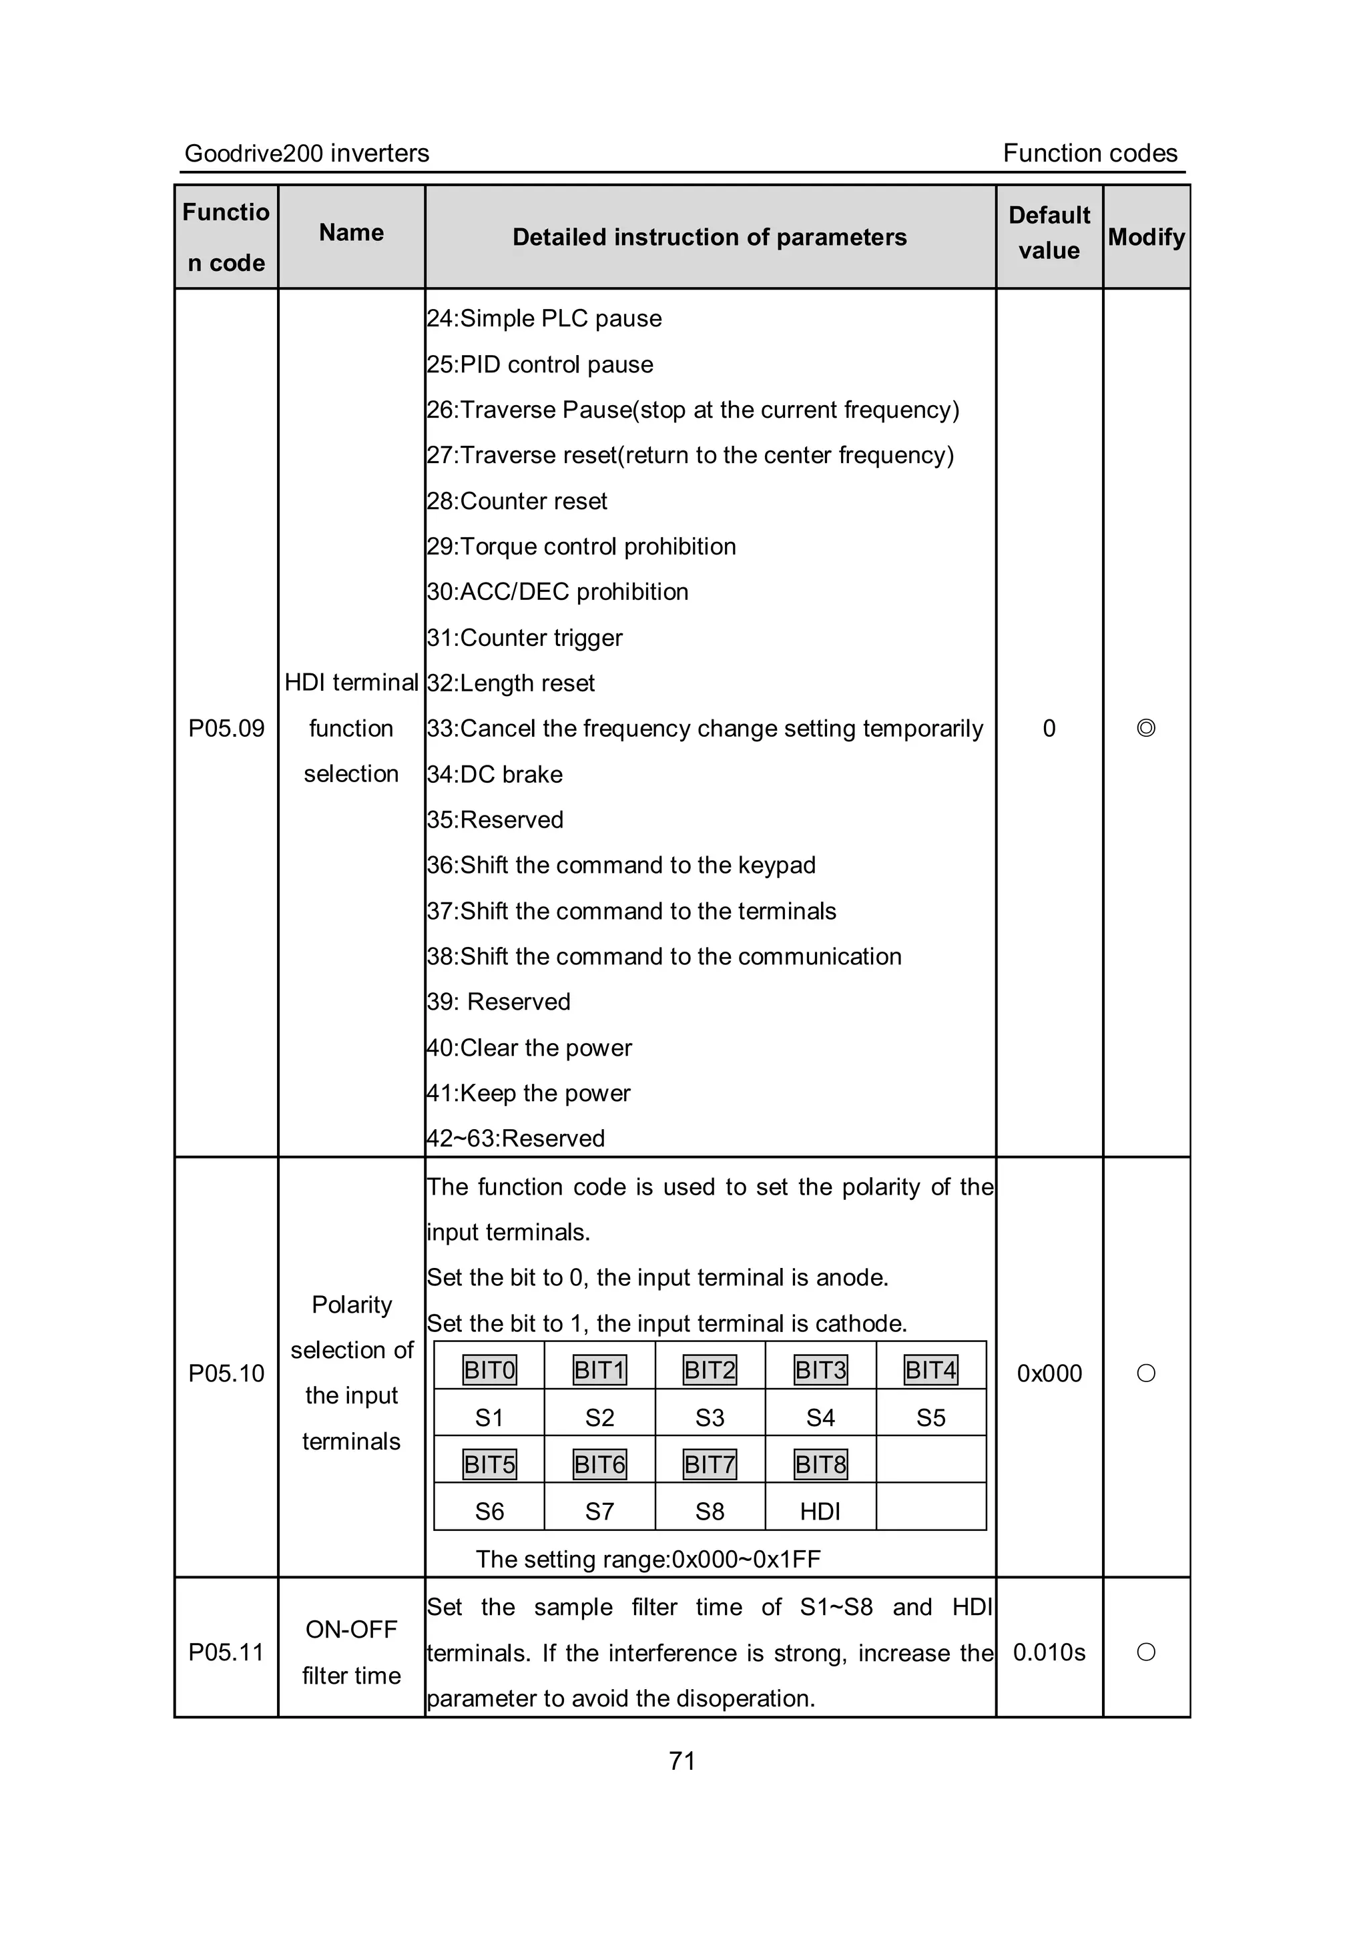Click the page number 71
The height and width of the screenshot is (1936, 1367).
point(681,1760)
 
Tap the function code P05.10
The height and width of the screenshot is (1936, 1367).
point(226,1373)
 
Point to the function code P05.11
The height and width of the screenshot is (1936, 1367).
point(226,1652)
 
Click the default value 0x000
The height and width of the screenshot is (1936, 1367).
point(1049,1373)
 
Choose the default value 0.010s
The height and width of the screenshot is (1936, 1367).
point(1049,1652)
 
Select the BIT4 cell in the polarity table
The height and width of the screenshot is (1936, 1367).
point(930,1370)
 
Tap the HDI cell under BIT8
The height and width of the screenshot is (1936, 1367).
point(820,1512)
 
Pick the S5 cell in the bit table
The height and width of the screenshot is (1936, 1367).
point(930,1418)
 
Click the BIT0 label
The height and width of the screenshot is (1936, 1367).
point(489,1370)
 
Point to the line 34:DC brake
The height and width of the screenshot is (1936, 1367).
point(495,774)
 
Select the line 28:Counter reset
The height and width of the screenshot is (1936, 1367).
point(517,501)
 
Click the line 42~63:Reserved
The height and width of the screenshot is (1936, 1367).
point(516,1139)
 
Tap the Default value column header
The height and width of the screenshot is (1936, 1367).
point(1049,234)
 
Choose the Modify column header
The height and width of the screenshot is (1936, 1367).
point(1146,237)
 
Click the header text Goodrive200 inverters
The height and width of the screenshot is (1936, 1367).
point(307,153)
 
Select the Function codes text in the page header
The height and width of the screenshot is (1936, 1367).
point(1089,153)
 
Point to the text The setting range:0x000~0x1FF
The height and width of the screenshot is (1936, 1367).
point(647,1559)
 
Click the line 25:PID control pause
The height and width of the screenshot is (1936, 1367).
point(540,364)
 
